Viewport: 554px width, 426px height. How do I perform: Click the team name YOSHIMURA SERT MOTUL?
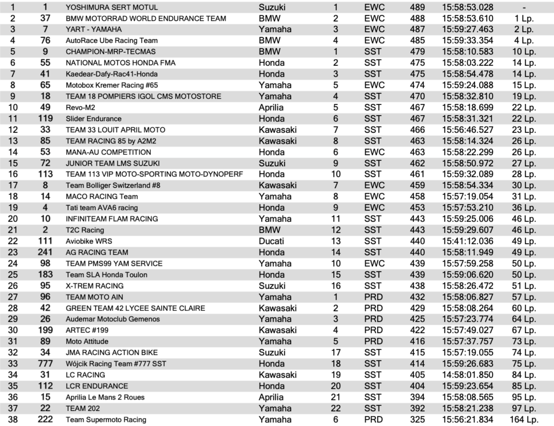[x=111, y=7]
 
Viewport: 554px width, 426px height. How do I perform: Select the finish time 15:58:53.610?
[x=467, y=18]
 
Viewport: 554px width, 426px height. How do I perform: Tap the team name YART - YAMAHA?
[x=94, y=29]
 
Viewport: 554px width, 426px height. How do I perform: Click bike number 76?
[x=45, y=40]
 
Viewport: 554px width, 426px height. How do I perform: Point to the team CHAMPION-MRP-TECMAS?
[x=110, y=52]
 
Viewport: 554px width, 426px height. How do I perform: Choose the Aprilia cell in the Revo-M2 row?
[x=271, y=107]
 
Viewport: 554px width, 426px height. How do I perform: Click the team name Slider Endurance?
[x=94, y=119]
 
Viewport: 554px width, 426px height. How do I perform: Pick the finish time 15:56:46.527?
[x=467, y=130]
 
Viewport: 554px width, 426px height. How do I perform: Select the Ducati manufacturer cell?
[x=271, y=241]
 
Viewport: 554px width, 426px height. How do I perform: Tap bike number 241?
[x=45, y=252]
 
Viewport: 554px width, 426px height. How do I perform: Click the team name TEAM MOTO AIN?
[x=94, y=297]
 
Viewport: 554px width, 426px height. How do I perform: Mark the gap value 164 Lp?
[x=524, y=419]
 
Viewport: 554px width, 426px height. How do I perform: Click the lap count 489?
[x=417, y=7]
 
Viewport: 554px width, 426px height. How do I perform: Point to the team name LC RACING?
[x=85, y=375]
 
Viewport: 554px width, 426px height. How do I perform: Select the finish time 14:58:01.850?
[x=467, y=375]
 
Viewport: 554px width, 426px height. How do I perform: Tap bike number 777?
[x=45, y=364]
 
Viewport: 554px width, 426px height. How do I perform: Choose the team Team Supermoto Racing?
[x=106, y=419]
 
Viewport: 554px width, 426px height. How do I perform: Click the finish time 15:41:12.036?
[x=467, y=241]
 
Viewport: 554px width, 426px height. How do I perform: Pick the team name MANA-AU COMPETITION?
[x=108, y=152]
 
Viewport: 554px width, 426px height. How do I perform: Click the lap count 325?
[x=417, y=419]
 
